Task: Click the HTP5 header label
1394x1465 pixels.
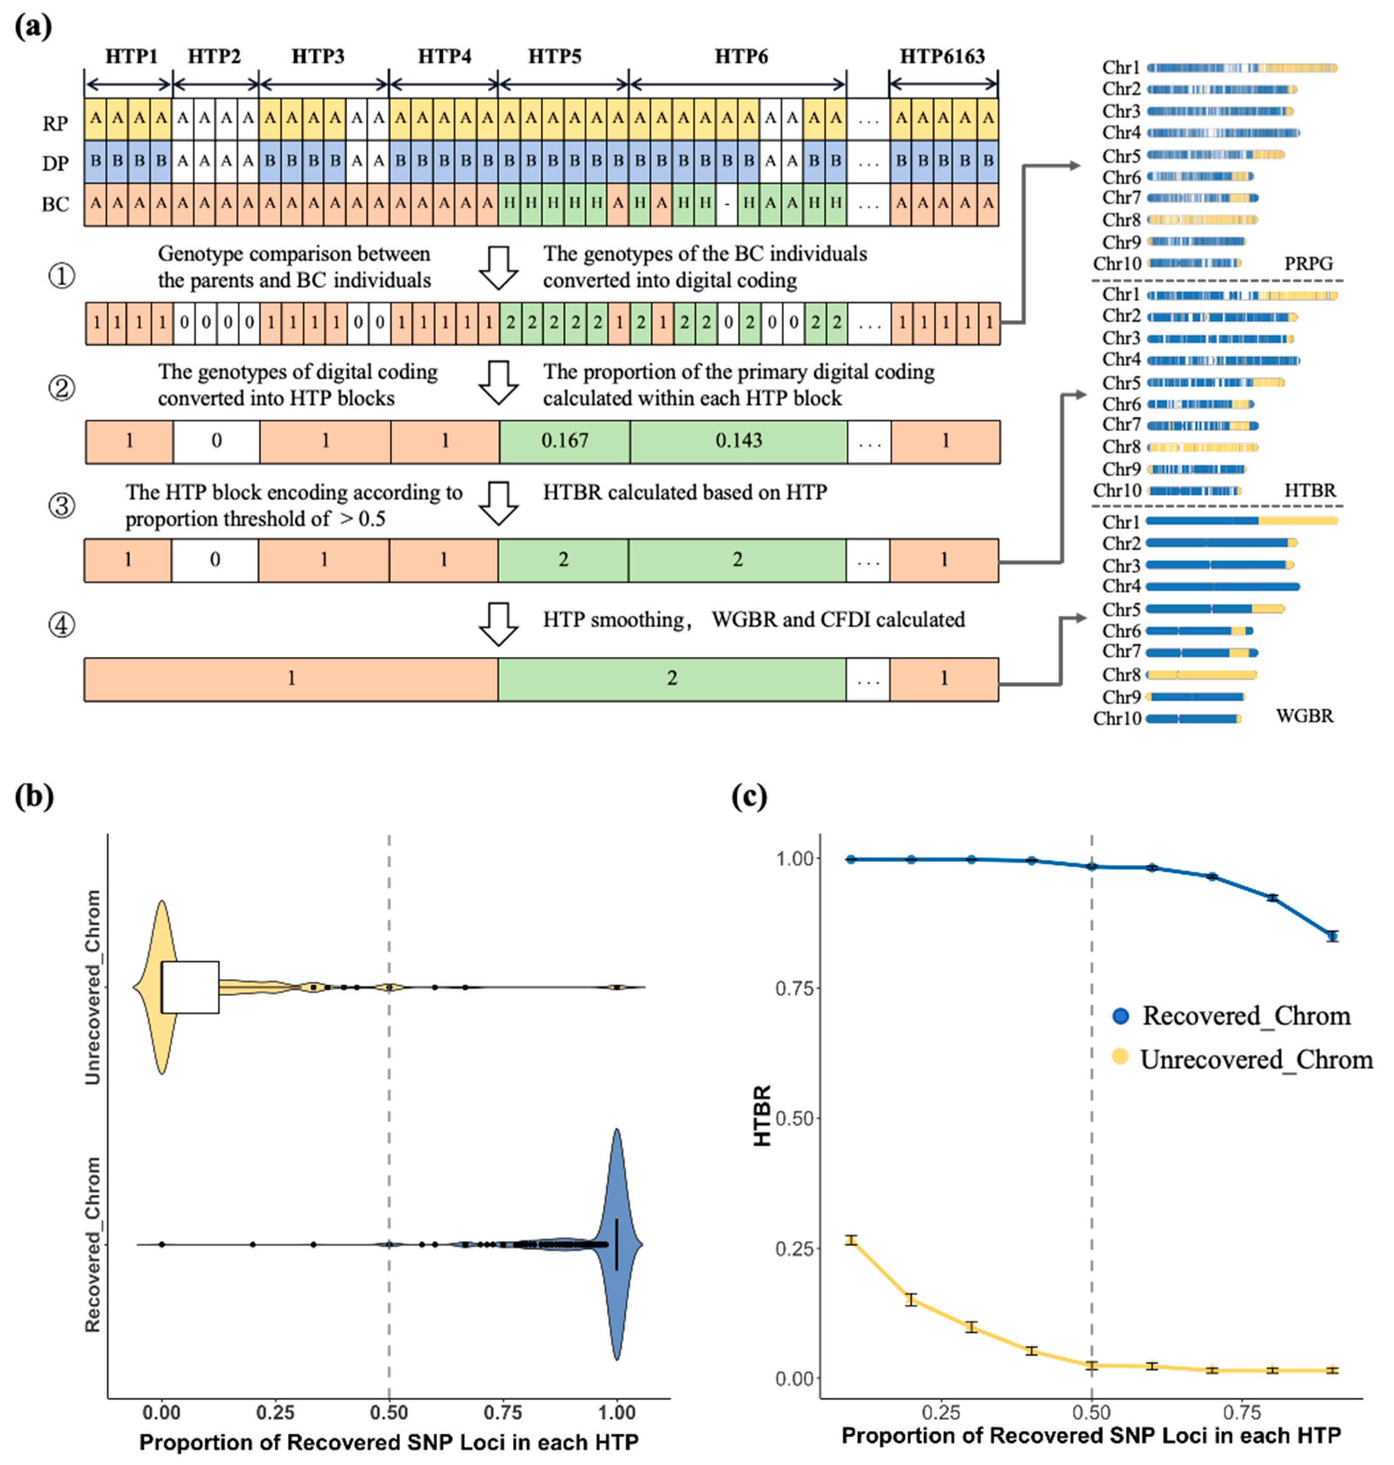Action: [x=554, y=57]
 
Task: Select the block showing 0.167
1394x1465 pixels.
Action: [x=564, y=441]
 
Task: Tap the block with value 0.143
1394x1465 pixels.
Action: [x=738, y=441]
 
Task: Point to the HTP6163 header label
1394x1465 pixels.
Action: [x=942, y=57]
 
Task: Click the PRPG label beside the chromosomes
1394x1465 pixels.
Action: [x=1309, y=263]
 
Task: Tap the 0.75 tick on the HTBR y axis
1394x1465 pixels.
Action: [x=793, y=988]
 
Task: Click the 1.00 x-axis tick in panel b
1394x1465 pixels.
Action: [x=616, y=1412]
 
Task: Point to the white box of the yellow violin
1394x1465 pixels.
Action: [x=190, y=987]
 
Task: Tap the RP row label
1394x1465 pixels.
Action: [x=55, y=123]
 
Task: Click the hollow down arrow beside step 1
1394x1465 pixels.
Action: [x=498, y=268]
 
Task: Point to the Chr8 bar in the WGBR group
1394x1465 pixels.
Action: [x=1202, y=675]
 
